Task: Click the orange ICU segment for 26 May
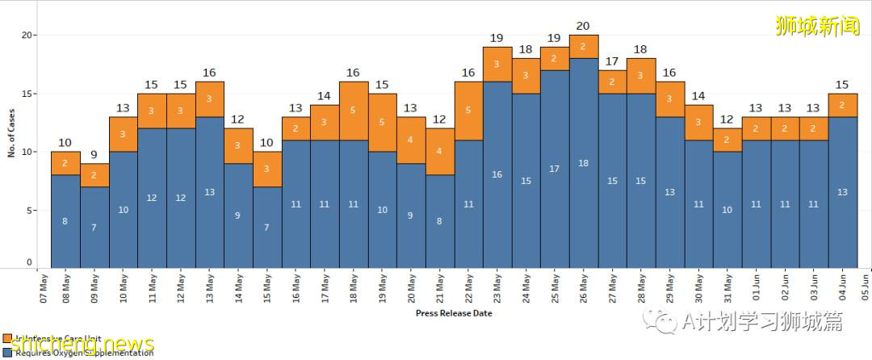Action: pyautogui.click(x=583, y=47)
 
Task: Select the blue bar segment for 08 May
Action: pyautogui.click(x=65, y=220)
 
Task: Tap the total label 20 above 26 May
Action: pyautogui.click(x=583, y=26)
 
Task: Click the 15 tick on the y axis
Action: pyautogui.click(x=26, y=94)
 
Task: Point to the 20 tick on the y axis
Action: pyautogui.click(x=26, y=36)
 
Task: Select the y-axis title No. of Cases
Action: pyautogui.click(x=12, y=134)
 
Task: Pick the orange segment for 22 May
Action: pyautogui.click(x=468, y=111)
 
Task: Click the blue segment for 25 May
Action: pyautogui.click(x=555, y=169)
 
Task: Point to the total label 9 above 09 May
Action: pyautogui.click(x=94, y=154)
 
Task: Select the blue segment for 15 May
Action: pyautogui.click(x=267, y=227)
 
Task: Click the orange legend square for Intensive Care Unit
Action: pyautogui.click(x=7, y=339)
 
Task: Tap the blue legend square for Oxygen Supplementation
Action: pyautogui.click(x=7, y=352)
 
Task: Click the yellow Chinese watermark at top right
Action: pyautogui.click(x=817, y=26)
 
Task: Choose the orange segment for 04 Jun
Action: pyautogui.click(x=842, y=105)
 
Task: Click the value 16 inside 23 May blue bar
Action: pyautogui.click(x=497, y=174)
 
